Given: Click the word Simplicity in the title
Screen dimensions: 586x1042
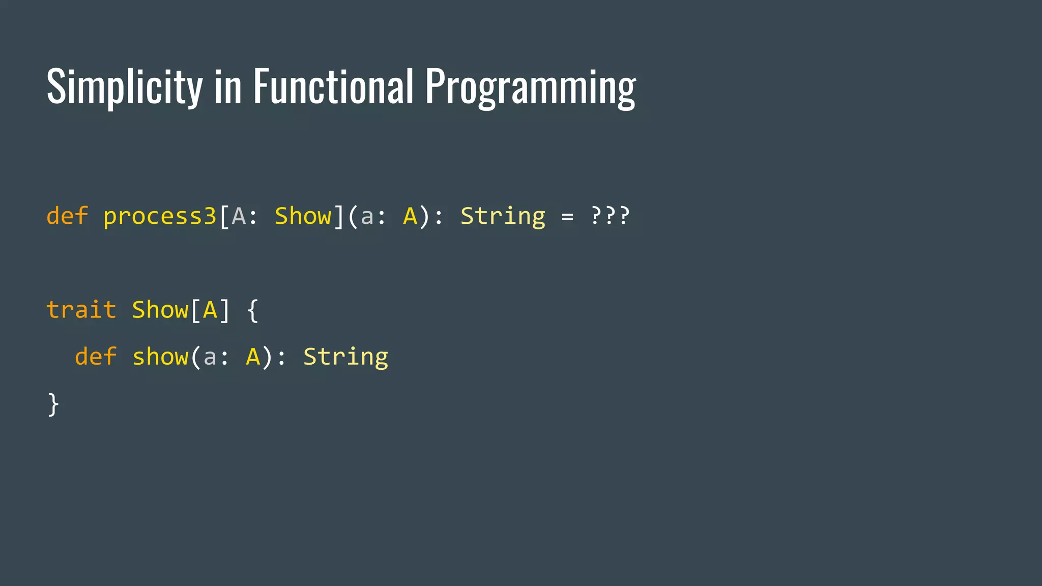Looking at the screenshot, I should [125, 87].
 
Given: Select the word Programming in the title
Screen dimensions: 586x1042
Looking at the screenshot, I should [530, 87].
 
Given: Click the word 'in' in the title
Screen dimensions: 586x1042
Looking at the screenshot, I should [227, 87].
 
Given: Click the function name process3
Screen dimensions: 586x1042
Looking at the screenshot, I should [160, 217].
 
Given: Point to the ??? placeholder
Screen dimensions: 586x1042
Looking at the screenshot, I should [610, 216].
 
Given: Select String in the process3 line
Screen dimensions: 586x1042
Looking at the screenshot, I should [503, 217].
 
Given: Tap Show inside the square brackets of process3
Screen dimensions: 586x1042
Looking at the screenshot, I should [303, 216].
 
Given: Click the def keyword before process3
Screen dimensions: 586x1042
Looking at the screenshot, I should [67, 216].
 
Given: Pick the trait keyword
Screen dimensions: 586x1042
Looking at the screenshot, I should [81, 310].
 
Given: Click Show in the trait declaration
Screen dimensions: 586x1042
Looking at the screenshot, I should [160, 310].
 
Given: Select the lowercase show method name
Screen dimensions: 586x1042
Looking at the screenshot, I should [160, 357].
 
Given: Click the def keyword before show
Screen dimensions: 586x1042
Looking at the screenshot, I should [96, 357].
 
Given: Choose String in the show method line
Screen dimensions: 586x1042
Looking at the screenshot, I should [345, 357].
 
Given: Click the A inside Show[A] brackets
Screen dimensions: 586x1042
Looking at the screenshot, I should [210, 310].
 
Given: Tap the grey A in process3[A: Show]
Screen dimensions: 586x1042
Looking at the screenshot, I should [238, 216].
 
